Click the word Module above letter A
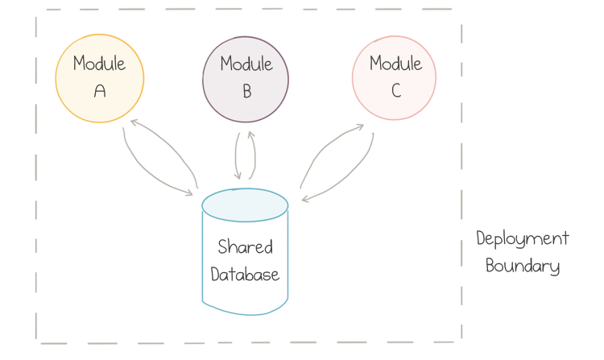pyautogui.click(x=99, y=63)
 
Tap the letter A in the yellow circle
pyautogui.click(x=100, y=91)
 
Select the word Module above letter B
pyautogui.click(x=246, y=63)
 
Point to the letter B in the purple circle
pyautogui.click(x=246, y=91)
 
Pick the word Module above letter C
pyautogui.click(x=395, y=63)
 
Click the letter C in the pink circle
pyautogui.click(x=395, y=91)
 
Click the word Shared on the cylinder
pyautogui.click(x=245, y=247)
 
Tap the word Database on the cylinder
pyautogui.click(x=245, y=274)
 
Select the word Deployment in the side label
pyautogui.click(x=522, y=239)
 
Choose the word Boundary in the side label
pyautogui.click(x=522, y=266)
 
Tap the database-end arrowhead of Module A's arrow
pyautogui.click(x=190, y=192)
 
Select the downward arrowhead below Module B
pyautogui.click(x=238, y=176)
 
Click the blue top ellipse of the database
pyautogui.click(x=245, y=205)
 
